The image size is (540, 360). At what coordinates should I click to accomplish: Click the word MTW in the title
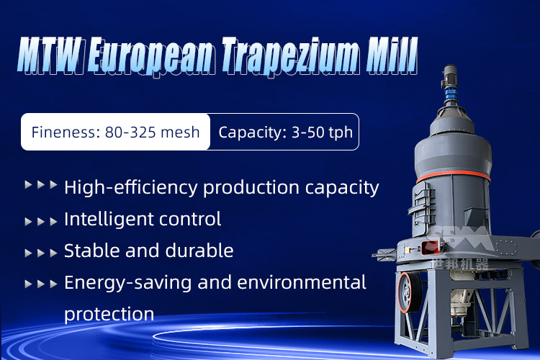[50, 55]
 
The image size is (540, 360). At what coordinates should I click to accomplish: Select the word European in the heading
[151, 56]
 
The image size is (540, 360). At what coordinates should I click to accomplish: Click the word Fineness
[66, 132]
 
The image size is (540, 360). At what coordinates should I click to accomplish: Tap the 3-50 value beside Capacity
[307, 132]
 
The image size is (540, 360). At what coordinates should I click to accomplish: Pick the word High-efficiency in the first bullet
[131, 188]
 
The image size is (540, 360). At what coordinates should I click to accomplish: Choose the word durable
[199, 251]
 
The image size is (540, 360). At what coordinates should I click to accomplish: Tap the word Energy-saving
[127, 283]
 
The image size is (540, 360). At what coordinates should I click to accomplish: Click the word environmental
[302, 282]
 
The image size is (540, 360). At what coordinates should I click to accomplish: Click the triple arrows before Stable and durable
[41, 253]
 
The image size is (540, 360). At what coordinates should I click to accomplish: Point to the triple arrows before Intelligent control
[41, 222]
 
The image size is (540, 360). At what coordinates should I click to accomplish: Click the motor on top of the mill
[449, 78]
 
